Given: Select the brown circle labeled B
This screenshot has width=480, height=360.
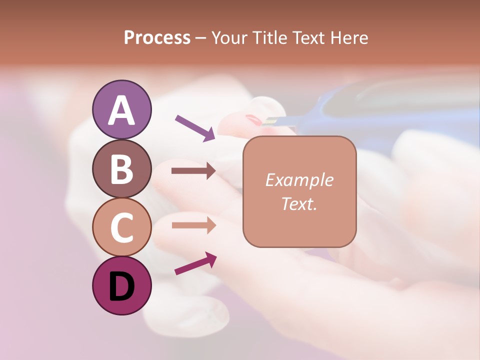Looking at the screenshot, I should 121,168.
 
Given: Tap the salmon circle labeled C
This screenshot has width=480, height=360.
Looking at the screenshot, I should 121,227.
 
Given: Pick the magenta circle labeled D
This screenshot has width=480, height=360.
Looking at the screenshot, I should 121,285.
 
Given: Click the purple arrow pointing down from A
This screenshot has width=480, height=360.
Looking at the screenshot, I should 195,127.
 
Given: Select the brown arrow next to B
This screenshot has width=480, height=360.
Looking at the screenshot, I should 193,171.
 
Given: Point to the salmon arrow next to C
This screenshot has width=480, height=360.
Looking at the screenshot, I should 193,225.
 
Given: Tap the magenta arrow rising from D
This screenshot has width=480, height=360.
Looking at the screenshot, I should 195,263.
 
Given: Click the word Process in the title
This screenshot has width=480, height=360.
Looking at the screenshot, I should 157,38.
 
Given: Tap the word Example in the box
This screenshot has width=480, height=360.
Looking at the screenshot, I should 299,180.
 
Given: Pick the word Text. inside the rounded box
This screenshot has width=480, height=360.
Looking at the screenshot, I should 299,203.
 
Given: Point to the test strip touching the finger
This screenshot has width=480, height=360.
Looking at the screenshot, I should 280,120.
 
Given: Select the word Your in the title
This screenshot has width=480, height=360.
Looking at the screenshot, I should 229,38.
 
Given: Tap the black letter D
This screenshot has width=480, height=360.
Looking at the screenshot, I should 121,287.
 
